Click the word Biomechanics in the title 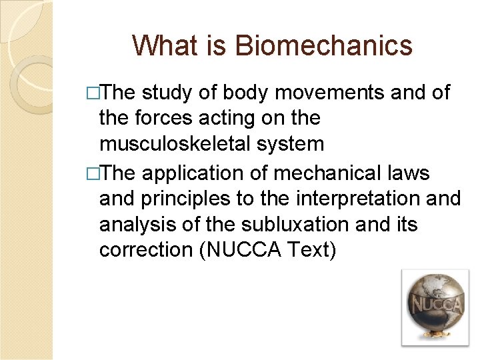(x=324, y=46)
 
